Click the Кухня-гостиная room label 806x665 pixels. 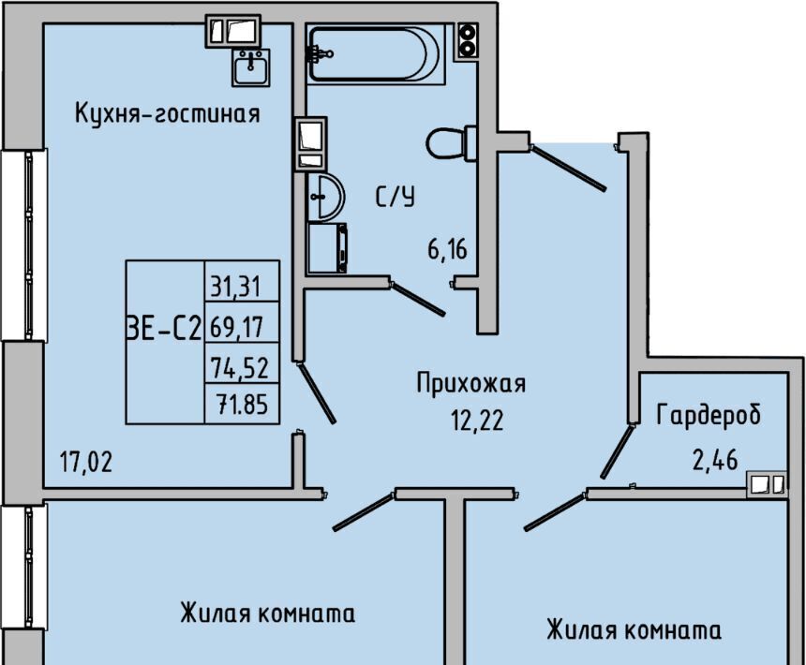coord(167,114)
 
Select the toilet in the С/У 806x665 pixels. coord(451,144)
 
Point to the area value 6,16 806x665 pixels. coord(447,250)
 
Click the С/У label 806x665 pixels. coord(395,198)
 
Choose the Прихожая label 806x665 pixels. coord(471,383)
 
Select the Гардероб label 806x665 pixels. coord(709,416)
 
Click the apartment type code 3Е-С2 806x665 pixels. coord(163,328)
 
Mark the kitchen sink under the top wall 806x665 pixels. coord(250,66)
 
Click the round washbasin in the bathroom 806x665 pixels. coord(323,197)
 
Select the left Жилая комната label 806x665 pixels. coord(267,614)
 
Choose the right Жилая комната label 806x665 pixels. coord(634,629)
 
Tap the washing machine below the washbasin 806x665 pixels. coord(327,248)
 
